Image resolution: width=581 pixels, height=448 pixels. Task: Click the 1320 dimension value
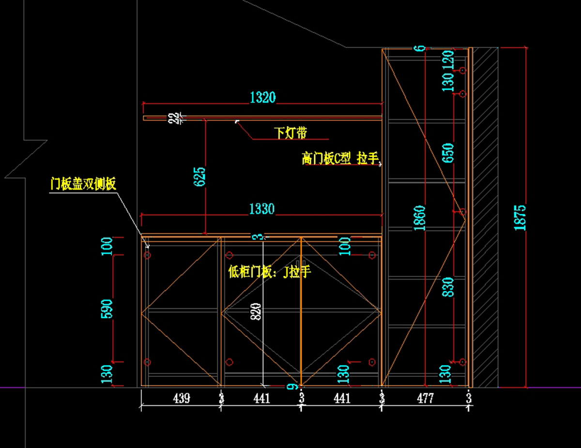pos(262,97)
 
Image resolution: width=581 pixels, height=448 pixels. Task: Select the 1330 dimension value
pos(261,209)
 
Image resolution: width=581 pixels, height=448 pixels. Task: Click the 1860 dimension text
pos(419,218)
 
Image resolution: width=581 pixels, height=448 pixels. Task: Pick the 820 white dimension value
pos(257,311)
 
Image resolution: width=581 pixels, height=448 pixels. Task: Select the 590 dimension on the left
pos(107,309)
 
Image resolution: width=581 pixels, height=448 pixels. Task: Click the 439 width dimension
pos(181,399)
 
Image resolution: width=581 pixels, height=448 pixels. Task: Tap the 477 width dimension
pos(425,399)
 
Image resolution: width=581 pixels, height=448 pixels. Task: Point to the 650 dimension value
pos(448,154)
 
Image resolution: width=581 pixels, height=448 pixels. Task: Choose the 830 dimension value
pos(448,288)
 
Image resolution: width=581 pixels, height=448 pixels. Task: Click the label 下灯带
pos(290,132)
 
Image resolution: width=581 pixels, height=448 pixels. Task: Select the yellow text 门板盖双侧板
pos(83,184)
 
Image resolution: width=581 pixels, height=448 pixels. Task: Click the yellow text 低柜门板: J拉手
pos(269,272)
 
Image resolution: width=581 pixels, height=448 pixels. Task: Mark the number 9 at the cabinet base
pos(290,386)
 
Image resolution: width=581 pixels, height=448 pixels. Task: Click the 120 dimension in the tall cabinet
pos(448,59)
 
